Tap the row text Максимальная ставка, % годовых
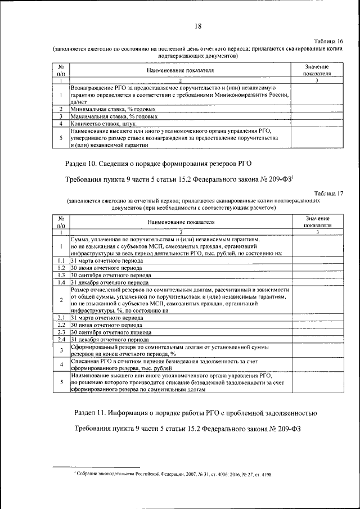tap(107, 116)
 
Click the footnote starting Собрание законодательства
tap(174, 475)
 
